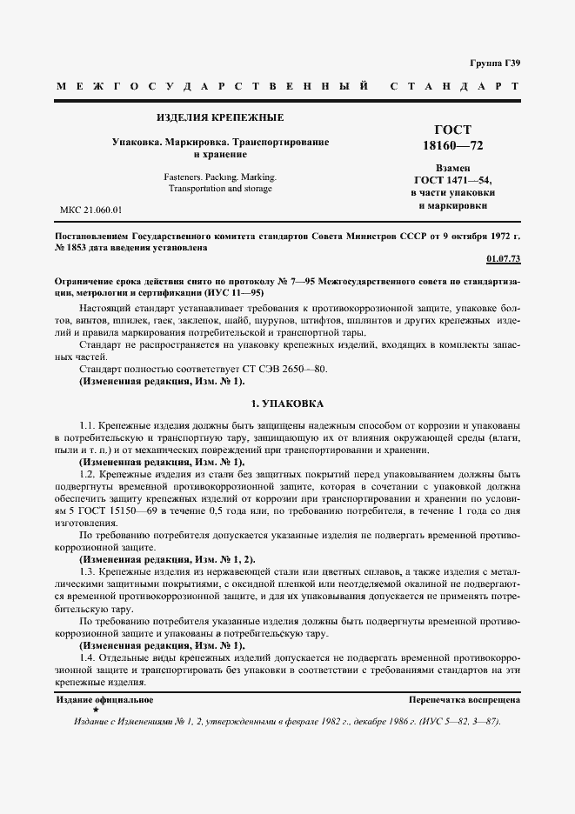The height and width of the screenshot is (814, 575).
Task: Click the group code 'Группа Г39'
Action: pos(494,63)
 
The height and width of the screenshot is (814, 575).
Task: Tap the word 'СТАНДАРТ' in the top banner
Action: pos(455,87)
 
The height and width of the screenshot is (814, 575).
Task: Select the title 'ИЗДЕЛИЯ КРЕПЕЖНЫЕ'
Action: pos(219,117)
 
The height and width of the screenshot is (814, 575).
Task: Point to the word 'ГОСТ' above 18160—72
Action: pos(452,130)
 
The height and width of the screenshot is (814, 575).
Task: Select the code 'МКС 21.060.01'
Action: pos(90,210)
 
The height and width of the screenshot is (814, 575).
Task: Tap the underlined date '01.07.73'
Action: pos(502,259)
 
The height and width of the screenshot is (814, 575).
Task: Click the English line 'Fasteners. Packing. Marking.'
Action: pos(220,177)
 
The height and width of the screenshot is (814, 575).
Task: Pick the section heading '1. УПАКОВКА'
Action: pos(287,404)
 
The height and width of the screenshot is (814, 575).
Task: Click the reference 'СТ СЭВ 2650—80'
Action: pos(284,369)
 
